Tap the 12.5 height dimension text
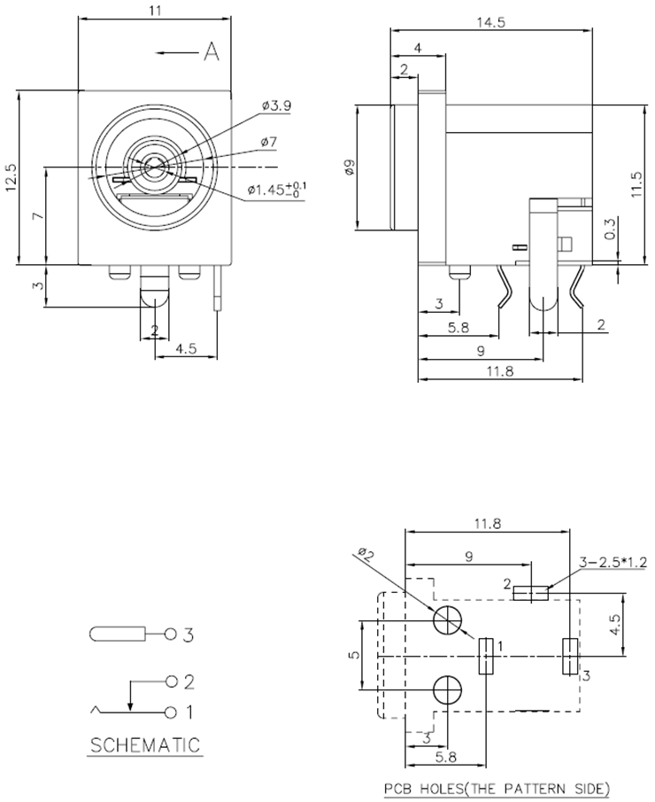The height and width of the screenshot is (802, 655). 12,176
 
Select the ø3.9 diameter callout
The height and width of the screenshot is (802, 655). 276,105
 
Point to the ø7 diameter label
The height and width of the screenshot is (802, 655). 269,142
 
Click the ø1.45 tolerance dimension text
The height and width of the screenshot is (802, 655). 277,188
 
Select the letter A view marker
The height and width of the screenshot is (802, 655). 212,53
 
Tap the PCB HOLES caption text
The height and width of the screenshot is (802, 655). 497,788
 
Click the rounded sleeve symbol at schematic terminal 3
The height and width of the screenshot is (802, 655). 116,635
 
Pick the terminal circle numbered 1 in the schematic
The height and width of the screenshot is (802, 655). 171,712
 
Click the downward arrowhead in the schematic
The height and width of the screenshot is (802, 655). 131,705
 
